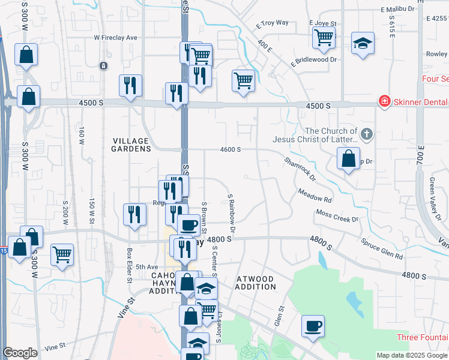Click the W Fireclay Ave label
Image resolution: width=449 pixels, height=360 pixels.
point(115,38)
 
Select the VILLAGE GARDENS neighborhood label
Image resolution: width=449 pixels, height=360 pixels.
point(131,145)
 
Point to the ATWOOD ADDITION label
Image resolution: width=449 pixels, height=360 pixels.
point(255,283)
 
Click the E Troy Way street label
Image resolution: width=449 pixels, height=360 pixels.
point(272,24)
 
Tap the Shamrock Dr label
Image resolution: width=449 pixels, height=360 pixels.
point(300,169)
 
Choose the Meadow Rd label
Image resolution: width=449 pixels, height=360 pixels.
point(315,195)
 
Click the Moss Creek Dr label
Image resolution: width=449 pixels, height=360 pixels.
point(337,215)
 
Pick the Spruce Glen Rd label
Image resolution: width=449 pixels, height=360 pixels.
point(382,249)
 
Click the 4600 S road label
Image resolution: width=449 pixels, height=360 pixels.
point(231,149)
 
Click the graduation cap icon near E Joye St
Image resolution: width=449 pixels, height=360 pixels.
point(363,43)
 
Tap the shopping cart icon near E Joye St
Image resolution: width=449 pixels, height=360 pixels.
point(324,37)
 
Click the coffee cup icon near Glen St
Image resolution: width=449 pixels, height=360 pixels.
point(313,326)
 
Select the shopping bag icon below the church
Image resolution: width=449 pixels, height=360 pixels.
point(348,159)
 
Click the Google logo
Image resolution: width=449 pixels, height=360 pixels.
point(20,353)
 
